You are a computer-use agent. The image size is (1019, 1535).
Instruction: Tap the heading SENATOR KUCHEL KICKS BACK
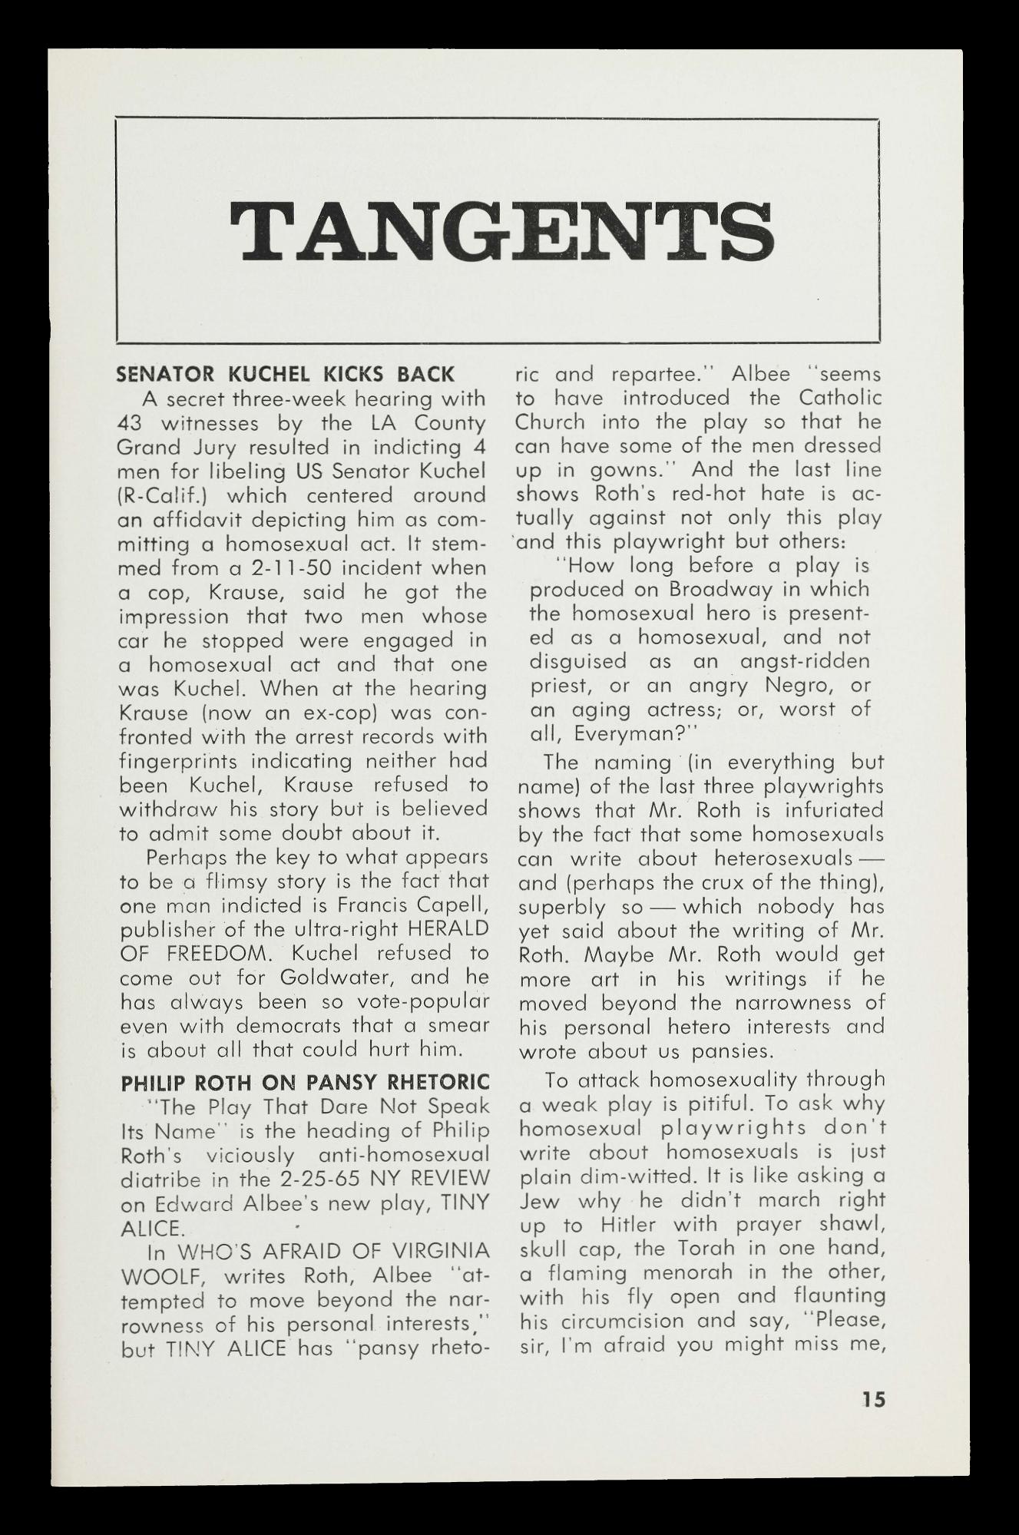point(286,375)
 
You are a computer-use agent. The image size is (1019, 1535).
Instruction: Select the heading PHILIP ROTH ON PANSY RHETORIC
point(306,1083)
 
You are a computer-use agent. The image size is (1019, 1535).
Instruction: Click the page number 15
point(872,1399)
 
